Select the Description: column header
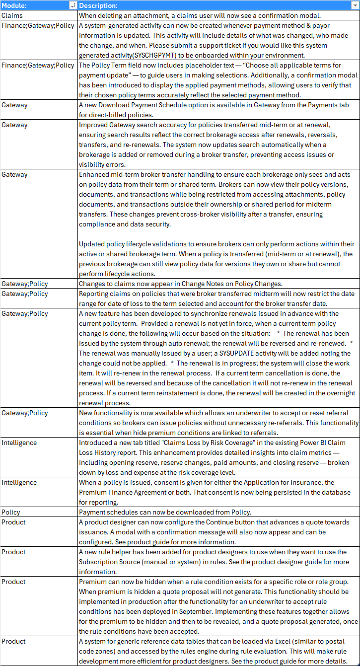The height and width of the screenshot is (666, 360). (98, 5)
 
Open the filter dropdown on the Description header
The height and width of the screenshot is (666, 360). (355, 5)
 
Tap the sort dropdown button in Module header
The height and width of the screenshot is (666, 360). (73, 5)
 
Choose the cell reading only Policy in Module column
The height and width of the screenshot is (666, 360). (11, 512)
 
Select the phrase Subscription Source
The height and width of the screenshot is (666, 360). (113, 562)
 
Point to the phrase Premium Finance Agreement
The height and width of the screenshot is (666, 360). (122, 492)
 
